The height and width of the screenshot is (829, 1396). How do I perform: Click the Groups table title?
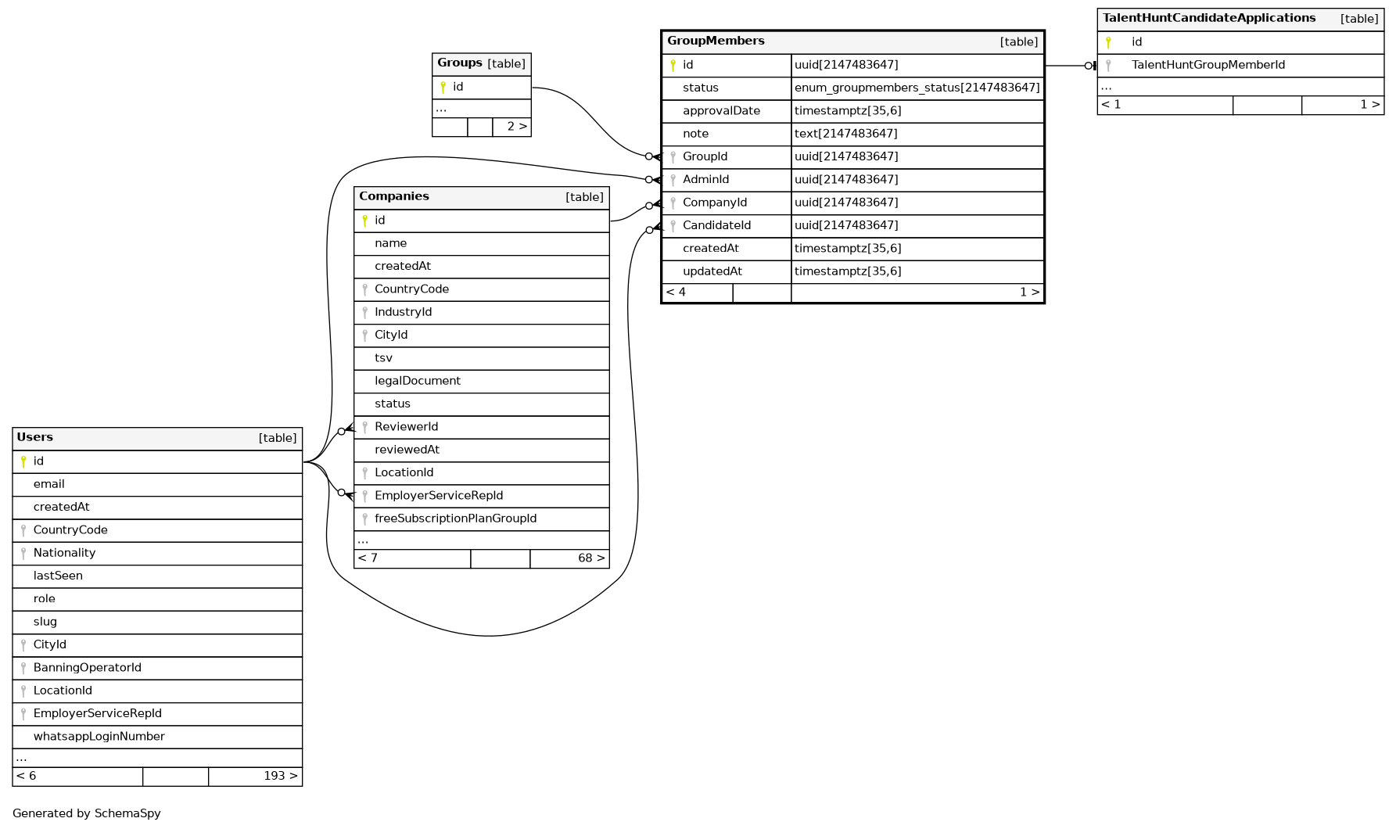(460, 63)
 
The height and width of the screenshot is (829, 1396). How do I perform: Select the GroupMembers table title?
(716, 41)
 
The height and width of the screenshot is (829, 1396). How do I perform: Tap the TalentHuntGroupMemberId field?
(1208, 65)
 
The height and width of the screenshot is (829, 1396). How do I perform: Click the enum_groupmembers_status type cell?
(917, 88)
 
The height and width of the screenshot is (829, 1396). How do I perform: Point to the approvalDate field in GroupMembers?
(721, 111)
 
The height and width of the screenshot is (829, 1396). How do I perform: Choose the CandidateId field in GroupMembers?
(716, 225)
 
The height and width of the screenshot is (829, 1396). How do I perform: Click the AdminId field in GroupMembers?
(705, 180)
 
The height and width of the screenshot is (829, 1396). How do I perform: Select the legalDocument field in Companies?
(418, 381)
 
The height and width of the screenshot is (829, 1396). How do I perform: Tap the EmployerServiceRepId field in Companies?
(439, 496)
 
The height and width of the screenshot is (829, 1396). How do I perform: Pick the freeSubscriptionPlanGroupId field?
(455, 519)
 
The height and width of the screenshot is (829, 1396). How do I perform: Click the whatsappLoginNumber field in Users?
(99, 737)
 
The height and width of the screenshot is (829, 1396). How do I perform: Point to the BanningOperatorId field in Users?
(87, 668)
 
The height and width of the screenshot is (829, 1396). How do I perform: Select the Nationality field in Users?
(64, 553)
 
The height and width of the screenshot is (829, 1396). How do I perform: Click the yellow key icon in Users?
(23, 461)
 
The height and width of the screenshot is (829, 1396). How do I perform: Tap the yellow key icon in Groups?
(443, 87)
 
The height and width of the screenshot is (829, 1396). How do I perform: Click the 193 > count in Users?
(280, 777)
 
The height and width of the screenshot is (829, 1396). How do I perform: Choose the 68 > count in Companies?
(590, 558)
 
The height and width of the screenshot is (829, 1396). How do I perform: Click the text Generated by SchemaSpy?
(87, 813)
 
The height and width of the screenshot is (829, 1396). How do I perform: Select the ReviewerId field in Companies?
(406, 427)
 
